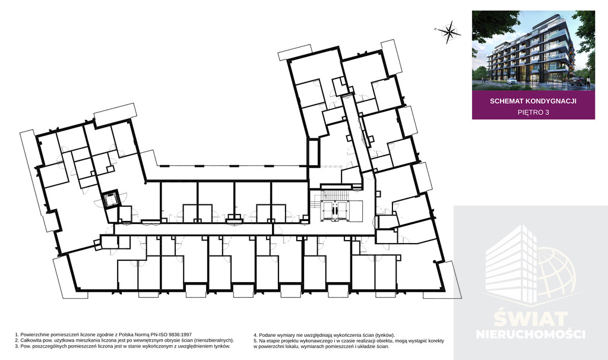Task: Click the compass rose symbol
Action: coord(449,32)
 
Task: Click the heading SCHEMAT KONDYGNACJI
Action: coord(533,101)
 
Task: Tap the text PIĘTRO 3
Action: coord(533,112)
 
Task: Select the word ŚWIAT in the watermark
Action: coord(531,319)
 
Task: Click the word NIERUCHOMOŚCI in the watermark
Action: coord(531,334)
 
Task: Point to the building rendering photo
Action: coord(533,51)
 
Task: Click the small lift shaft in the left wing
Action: coord(110,200)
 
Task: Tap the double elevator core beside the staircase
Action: coord(336,211)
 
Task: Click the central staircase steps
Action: coord(336,194)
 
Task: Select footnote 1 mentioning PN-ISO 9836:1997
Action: coord(103,334)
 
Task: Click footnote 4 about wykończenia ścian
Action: coord(324,335)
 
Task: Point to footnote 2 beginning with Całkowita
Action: coord(124,340)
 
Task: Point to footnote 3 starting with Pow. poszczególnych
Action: coord(122,346)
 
